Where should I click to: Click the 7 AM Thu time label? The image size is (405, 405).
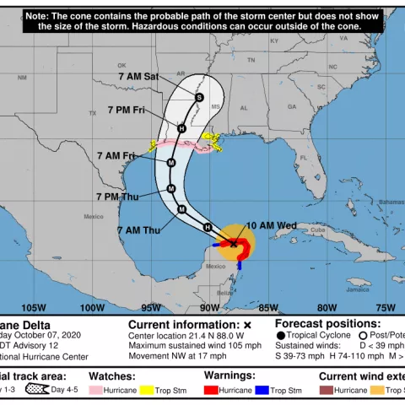tap(138, 230)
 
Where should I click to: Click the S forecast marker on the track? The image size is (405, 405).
tap(199, 97)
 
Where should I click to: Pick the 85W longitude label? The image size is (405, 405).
tap(268, 307)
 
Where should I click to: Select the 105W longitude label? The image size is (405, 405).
tap(34, 307)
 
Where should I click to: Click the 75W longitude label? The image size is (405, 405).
tap(385, 307)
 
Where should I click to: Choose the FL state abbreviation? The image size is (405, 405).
tap(303, 158)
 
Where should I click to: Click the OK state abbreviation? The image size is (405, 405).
tap(121, 65)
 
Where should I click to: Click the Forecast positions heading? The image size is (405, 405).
tap(327, 324)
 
